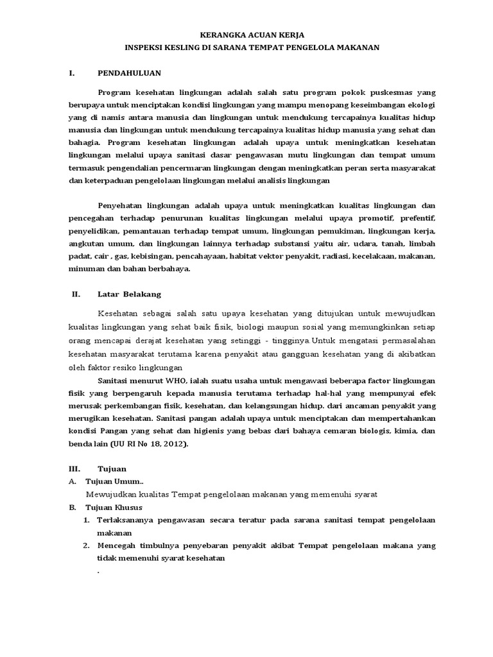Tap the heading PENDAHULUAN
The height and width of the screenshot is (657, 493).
click(129, 73)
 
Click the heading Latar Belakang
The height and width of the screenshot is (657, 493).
click(129, 294)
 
